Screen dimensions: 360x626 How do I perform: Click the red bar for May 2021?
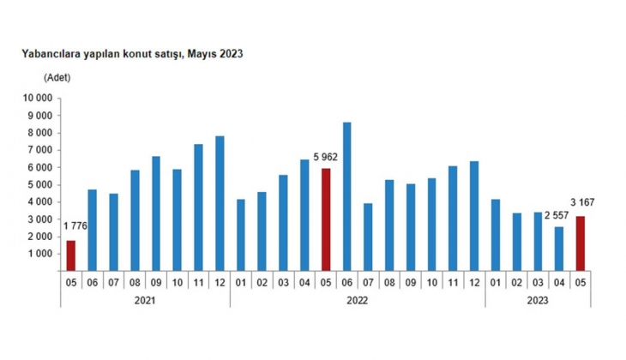coord(71,255)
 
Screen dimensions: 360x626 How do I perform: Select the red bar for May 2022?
coord(326,219)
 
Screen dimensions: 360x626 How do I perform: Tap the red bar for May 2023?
coord(580,243)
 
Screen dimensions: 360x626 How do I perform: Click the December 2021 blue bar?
coord(220,203)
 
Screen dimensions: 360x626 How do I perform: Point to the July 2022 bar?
coord(368,237)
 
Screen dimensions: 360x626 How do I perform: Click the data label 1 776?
coord(75,226)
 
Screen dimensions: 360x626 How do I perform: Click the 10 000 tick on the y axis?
coord(39,99)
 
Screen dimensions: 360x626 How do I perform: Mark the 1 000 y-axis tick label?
coord(41,255)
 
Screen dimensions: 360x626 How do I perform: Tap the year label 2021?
coord(146,300)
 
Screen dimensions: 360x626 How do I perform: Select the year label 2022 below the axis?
coord(357,300)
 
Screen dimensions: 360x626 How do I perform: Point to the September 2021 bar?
coord(156,213)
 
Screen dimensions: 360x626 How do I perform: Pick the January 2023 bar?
coord(495,235)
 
